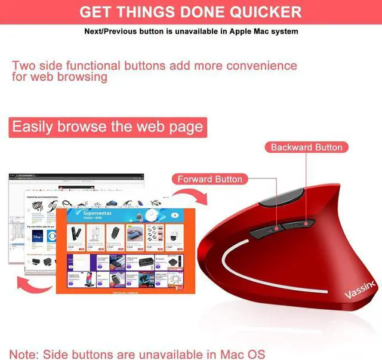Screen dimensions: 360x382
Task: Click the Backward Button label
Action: tap(306, 147)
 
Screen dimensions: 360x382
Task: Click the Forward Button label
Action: tap(210, 179)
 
